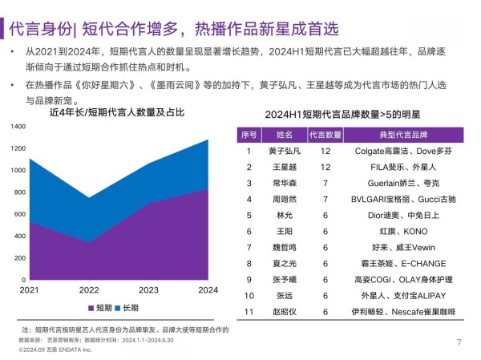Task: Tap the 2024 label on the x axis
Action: [208, 289]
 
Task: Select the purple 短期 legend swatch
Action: [91, 308]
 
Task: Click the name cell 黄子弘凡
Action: [285, 151]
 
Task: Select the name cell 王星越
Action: [285, 167]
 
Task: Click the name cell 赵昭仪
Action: [285, 311]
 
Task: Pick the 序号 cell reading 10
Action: [249, 295]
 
